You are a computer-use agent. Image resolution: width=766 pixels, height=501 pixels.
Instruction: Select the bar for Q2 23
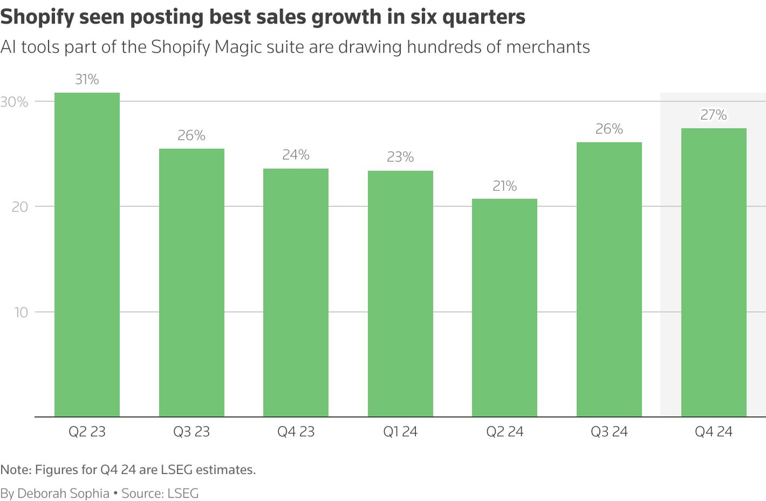(87, 254)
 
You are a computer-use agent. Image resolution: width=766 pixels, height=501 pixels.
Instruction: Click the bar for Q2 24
(504, 307)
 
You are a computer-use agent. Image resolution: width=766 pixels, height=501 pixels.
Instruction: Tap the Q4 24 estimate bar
(713, 272)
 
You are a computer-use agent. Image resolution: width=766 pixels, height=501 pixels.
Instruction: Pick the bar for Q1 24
(400, 294)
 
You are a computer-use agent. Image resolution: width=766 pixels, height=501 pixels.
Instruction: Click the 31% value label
(87, 80)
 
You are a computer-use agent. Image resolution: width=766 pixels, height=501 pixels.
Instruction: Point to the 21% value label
(504, 186)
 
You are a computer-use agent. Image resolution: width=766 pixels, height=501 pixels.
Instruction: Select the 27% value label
(713, 115)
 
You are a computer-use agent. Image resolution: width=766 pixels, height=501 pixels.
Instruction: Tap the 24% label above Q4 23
(296, 155)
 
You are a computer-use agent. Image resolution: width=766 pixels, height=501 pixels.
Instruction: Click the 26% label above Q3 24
(609, 129)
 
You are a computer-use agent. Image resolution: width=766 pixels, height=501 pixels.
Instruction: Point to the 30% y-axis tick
(14, 102)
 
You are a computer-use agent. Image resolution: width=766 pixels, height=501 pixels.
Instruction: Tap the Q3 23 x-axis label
(191, 432)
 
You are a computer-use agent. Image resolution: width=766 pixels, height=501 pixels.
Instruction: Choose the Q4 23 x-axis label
(296, 432)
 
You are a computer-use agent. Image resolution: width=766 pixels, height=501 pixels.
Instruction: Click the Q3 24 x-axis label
(609, 432)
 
